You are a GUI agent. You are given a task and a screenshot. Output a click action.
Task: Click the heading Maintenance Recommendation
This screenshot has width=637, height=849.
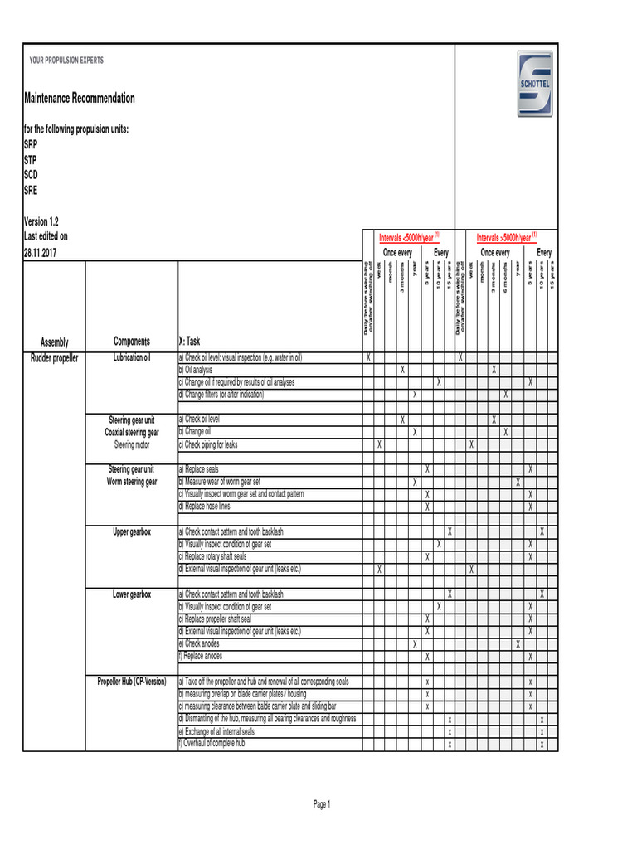tap(79, 99)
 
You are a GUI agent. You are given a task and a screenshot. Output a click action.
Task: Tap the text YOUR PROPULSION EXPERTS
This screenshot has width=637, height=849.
tap(66, 61)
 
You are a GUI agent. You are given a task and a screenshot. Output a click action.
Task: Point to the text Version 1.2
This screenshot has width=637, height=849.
tap(41, 222)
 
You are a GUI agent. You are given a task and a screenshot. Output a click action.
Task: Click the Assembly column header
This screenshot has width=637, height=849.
tap(55, 342)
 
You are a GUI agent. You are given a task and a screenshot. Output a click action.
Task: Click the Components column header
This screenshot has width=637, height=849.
tap(131, 342)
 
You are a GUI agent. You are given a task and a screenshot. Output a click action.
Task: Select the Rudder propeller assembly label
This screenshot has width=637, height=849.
tap(55, 358)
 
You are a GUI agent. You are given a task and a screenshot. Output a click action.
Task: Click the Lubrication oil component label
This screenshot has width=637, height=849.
tap(131, 358)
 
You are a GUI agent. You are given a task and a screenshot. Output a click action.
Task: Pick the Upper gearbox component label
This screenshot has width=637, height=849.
tap(131, 531)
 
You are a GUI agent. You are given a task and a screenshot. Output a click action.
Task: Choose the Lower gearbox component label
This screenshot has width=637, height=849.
tap(131, 594)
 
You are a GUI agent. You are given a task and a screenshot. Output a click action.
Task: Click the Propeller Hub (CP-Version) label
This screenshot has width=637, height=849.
tap(131, 682)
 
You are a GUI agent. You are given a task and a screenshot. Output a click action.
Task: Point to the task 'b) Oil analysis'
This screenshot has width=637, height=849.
tap(198, 370)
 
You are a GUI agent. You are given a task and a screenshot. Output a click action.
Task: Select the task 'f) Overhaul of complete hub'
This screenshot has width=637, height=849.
tap(214, 744)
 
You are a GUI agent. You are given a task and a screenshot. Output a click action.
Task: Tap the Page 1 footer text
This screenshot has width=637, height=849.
tap(322, 804)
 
